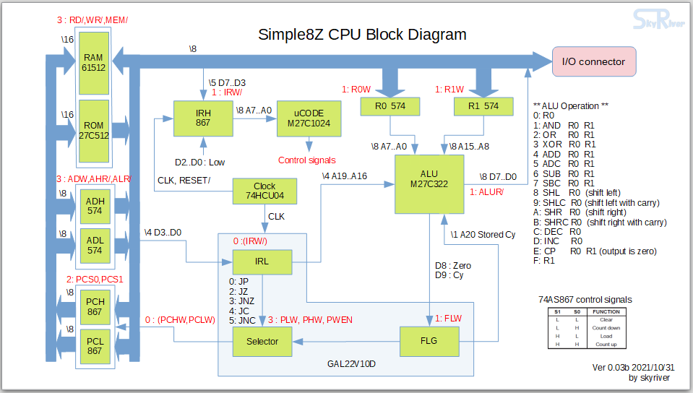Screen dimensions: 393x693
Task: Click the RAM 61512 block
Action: click(x=94, y=63)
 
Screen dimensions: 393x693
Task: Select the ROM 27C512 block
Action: click(x=94, y=131)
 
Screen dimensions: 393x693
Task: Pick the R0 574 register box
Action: click(x=390, y=106)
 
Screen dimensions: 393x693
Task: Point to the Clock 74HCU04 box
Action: click(x=264, y=191)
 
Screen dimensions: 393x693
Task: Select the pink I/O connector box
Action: click(x=593, y=61)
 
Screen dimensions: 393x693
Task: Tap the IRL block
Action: click(x=262, y=262)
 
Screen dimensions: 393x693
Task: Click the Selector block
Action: click(x=262, y=342)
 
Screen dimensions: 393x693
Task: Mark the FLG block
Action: click(x=429, y=342)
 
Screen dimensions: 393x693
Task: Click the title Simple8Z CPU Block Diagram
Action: click(x=362, y=34)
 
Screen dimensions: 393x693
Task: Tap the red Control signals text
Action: click(x=306, y=159)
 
